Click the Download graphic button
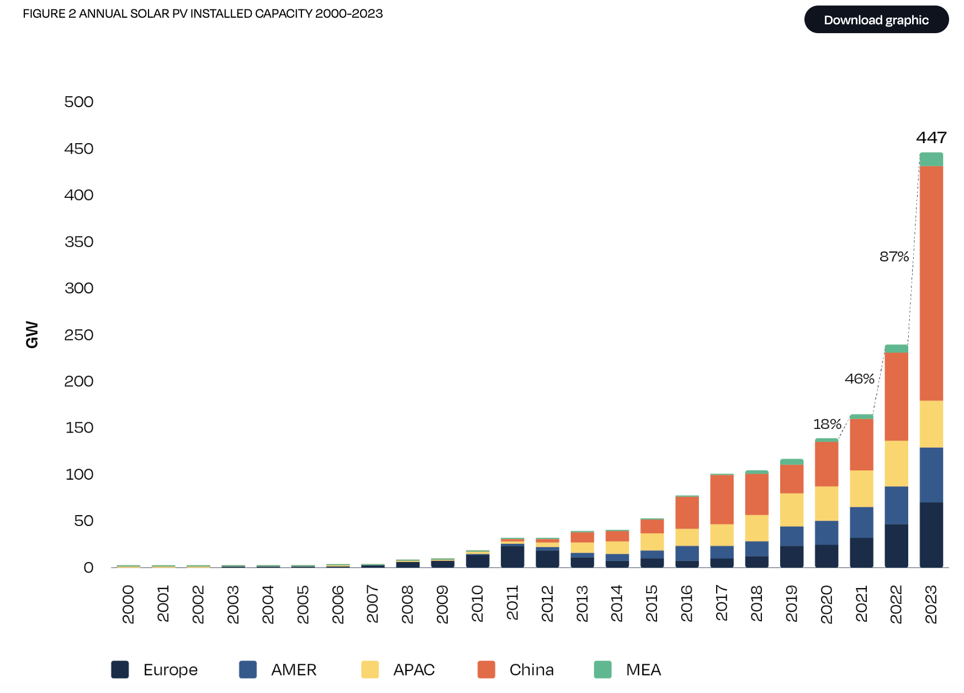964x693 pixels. pyautogui.click(x=876, y=20)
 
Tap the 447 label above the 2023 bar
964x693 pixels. pyautogui.click(x=931, y=138)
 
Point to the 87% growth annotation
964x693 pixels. pyautogui.click(x=894, y=256)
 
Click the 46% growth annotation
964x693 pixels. pyautogui.click(x=859, y=379)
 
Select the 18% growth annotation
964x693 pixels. pyautogui.click(x=827, y=424)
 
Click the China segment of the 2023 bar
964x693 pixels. pyautogui.click(x=931, y=283)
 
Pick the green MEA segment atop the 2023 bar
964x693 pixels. pyautogui.click(x=931, y=159)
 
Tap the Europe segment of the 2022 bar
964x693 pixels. pyautogui.click(x=896, y=545)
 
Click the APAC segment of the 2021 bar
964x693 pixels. pyautogui.click(x=861, y=489)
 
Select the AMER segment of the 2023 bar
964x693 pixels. pyautogui.click(x=931, y=475)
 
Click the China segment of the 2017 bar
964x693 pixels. pyautogui.click(x=722, y=500)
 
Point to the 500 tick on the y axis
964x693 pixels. pyautogui.click(x=79, y=102)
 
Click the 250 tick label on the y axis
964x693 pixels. pyautogui.click(x=79, y=335)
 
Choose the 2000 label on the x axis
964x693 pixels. pyautogui.click(x=128, y=604)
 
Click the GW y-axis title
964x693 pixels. pyautogui.click(x=32, y=334)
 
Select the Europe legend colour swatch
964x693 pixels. pyautogui.click(x=120, y=669)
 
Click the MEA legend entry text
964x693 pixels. pyautogui.click(x=643, y=670)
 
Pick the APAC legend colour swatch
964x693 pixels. pyautogui.click(x=370, y=669)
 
